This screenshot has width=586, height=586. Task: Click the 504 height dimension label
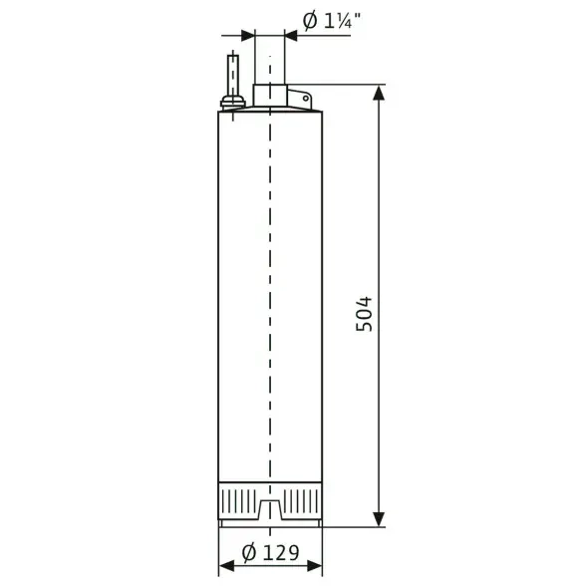[x=364, y=314]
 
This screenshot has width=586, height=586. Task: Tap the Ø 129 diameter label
[x=271, y=553]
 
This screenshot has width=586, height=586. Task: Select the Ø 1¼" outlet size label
[x=332, y=21]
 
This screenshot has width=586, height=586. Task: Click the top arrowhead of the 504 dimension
[x=379, y=93]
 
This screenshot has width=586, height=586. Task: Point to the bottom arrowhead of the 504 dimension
[x=379, y=519]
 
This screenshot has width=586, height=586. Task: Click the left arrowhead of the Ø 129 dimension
[x=226, y=566]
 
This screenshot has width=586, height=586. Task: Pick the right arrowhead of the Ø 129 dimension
[x=314, y=566]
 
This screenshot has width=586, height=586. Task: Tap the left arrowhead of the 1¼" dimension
[x=248, y=36]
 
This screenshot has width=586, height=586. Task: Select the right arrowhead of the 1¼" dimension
[x=291, y=36]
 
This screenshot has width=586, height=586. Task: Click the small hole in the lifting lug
[x=306, y=99]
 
